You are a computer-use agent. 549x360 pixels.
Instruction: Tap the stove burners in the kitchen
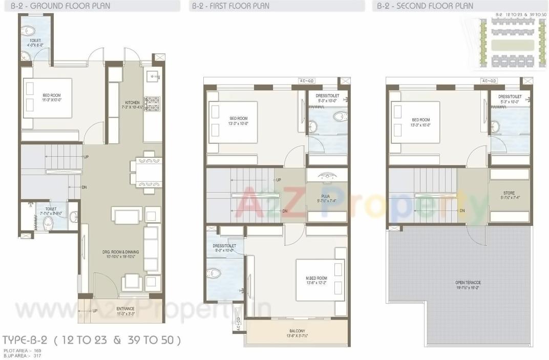152,104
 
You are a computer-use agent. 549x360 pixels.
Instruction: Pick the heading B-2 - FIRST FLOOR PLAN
230,6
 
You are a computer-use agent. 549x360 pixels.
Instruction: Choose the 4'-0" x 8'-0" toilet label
35,43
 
